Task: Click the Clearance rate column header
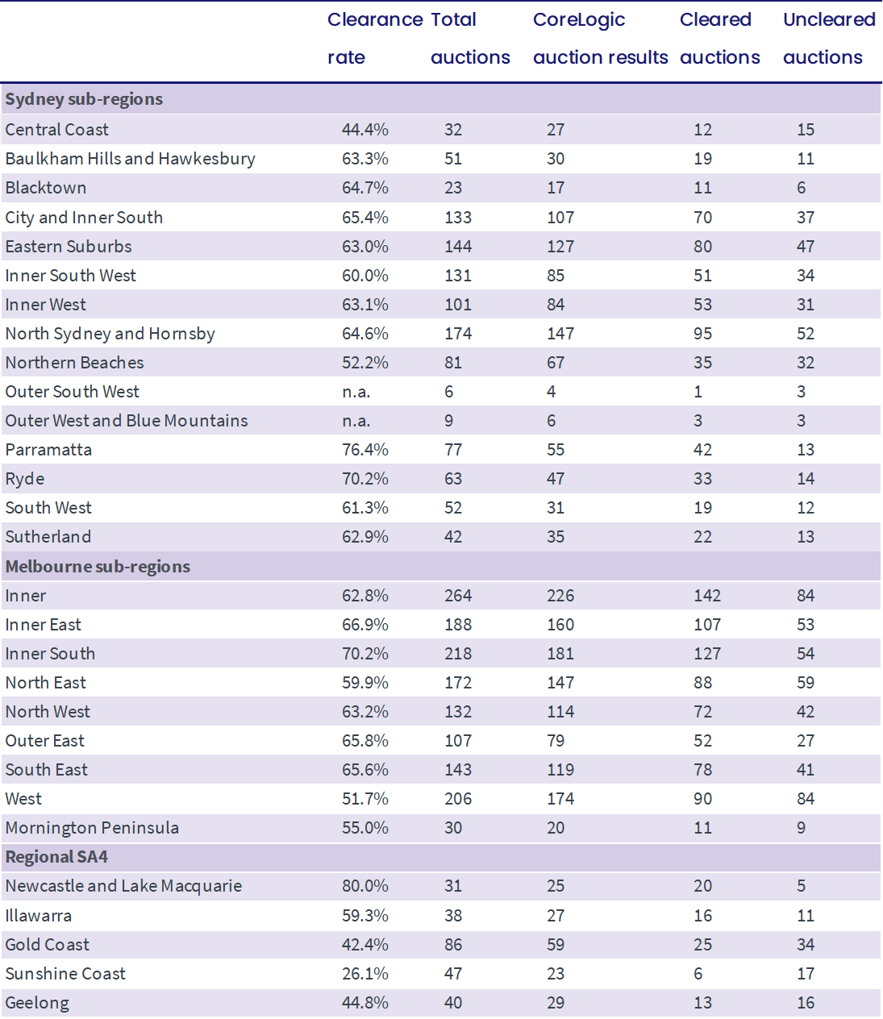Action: (375, 39)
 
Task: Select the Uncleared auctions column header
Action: (829, 39)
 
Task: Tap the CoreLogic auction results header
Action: (600, 39)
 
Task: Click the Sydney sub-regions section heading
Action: (84, 99)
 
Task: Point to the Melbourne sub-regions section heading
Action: (98, 567)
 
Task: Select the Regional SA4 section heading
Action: (56, 857)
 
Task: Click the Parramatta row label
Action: (48, 450)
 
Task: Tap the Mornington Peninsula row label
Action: (92, 828)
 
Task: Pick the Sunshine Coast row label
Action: (65, 974)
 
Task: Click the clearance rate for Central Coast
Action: (364, 130)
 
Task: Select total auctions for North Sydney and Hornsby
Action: (458, 334)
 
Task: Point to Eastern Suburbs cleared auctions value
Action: (702, 247)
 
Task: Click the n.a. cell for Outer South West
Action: (356, 392)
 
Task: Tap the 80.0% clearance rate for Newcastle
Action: (364, 886)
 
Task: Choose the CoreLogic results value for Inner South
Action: (560, 654)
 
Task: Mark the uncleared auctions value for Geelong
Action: (806, 1003)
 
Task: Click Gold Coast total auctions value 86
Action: (453, 945)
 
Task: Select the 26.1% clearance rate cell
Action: (364, 974)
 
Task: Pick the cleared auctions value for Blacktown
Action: (702, 188)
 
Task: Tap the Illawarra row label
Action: (39, 916)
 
